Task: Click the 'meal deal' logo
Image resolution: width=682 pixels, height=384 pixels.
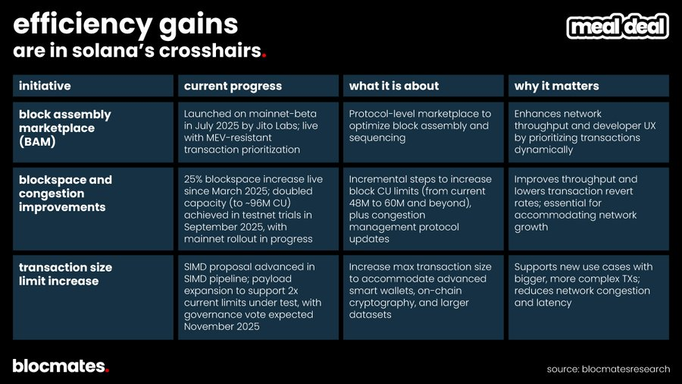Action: point(618,27)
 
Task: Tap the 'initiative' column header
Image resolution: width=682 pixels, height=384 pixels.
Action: point(45,86)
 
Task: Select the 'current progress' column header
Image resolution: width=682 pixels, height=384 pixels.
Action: point(233,86)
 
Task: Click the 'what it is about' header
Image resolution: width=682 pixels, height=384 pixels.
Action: point(393,86)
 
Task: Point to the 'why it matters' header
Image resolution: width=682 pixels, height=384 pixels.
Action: point(556,86)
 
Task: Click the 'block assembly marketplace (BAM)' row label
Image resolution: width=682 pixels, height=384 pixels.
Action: point(64,127)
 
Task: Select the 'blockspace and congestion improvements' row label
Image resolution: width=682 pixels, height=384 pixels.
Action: point(64,194)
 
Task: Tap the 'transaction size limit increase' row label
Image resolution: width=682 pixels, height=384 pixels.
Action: point(64,274)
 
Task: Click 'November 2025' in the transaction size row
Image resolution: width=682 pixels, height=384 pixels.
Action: point(222,327)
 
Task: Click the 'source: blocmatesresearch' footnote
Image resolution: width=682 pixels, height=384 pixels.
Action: point(608,369)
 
